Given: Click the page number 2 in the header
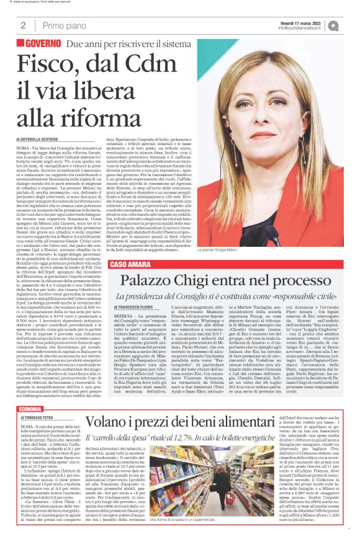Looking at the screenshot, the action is (x=23, y=25).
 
